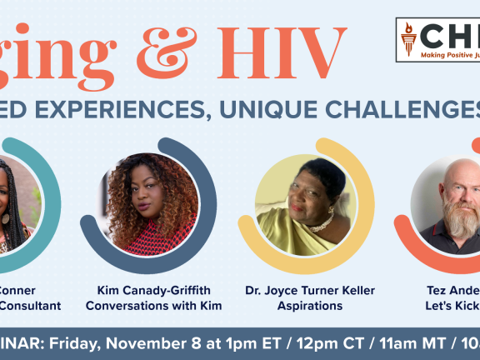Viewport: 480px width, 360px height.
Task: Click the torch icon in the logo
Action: [408, 38]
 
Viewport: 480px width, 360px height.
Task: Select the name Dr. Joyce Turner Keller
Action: [310, 290]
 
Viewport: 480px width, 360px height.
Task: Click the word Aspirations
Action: [310, 306]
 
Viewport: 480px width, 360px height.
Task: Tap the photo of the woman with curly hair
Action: [151, 201]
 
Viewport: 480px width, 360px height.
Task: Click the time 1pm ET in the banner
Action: [237, 342]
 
